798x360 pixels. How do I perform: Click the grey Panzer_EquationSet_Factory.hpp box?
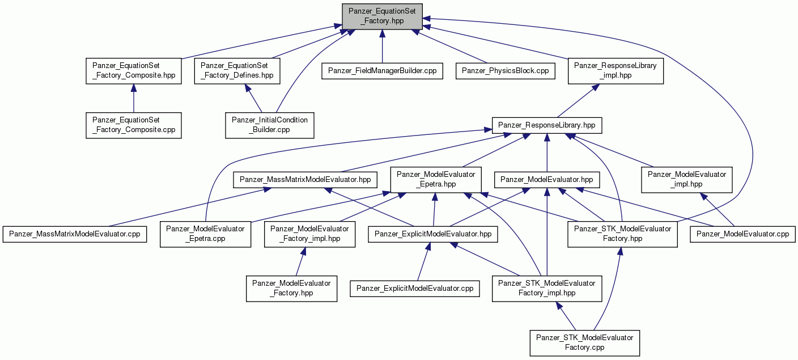click(382, 16)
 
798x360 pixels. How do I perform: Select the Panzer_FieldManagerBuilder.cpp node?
click(382, 71)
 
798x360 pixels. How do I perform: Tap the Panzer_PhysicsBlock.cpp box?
click(505, 71)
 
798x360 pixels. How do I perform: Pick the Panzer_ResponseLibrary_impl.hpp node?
click(616, 71)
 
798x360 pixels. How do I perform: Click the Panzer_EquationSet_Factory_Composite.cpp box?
click(134, 125)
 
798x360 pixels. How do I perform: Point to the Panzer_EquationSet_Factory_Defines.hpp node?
click(237, 71)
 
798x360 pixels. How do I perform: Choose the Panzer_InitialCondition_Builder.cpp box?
click(270, 125)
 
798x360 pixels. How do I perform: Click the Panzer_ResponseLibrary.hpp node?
click(547, 125)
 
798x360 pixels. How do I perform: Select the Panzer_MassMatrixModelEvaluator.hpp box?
click(305, 180)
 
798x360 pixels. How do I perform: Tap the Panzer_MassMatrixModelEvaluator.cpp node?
click(75, 234)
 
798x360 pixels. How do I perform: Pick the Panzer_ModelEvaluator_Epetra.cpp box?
click(205, 234)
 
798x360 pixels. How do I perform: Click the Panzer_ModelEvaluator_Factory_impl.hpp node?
click(309, 234)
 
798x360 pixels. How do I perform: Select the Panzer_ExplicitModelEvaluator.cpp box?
click(415, 289)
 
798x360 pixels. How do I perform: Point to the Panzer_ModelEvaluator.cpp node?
click(743, 234)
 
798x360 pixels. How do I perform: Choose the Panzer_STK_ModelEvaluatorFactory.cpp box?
click(584, 343)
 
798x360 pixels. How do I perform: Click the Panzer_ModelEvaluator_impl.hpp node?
click(687, 180)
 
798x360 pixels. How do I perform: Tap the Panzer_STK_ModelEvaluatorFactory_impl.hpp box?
click(547, 289)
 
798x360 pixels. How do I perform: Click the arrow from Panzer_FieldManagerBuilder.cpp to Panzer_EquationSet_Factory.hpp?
click(382, 46)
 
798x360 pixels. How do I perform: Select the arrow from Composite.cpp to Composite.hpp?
click(134, 99)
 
